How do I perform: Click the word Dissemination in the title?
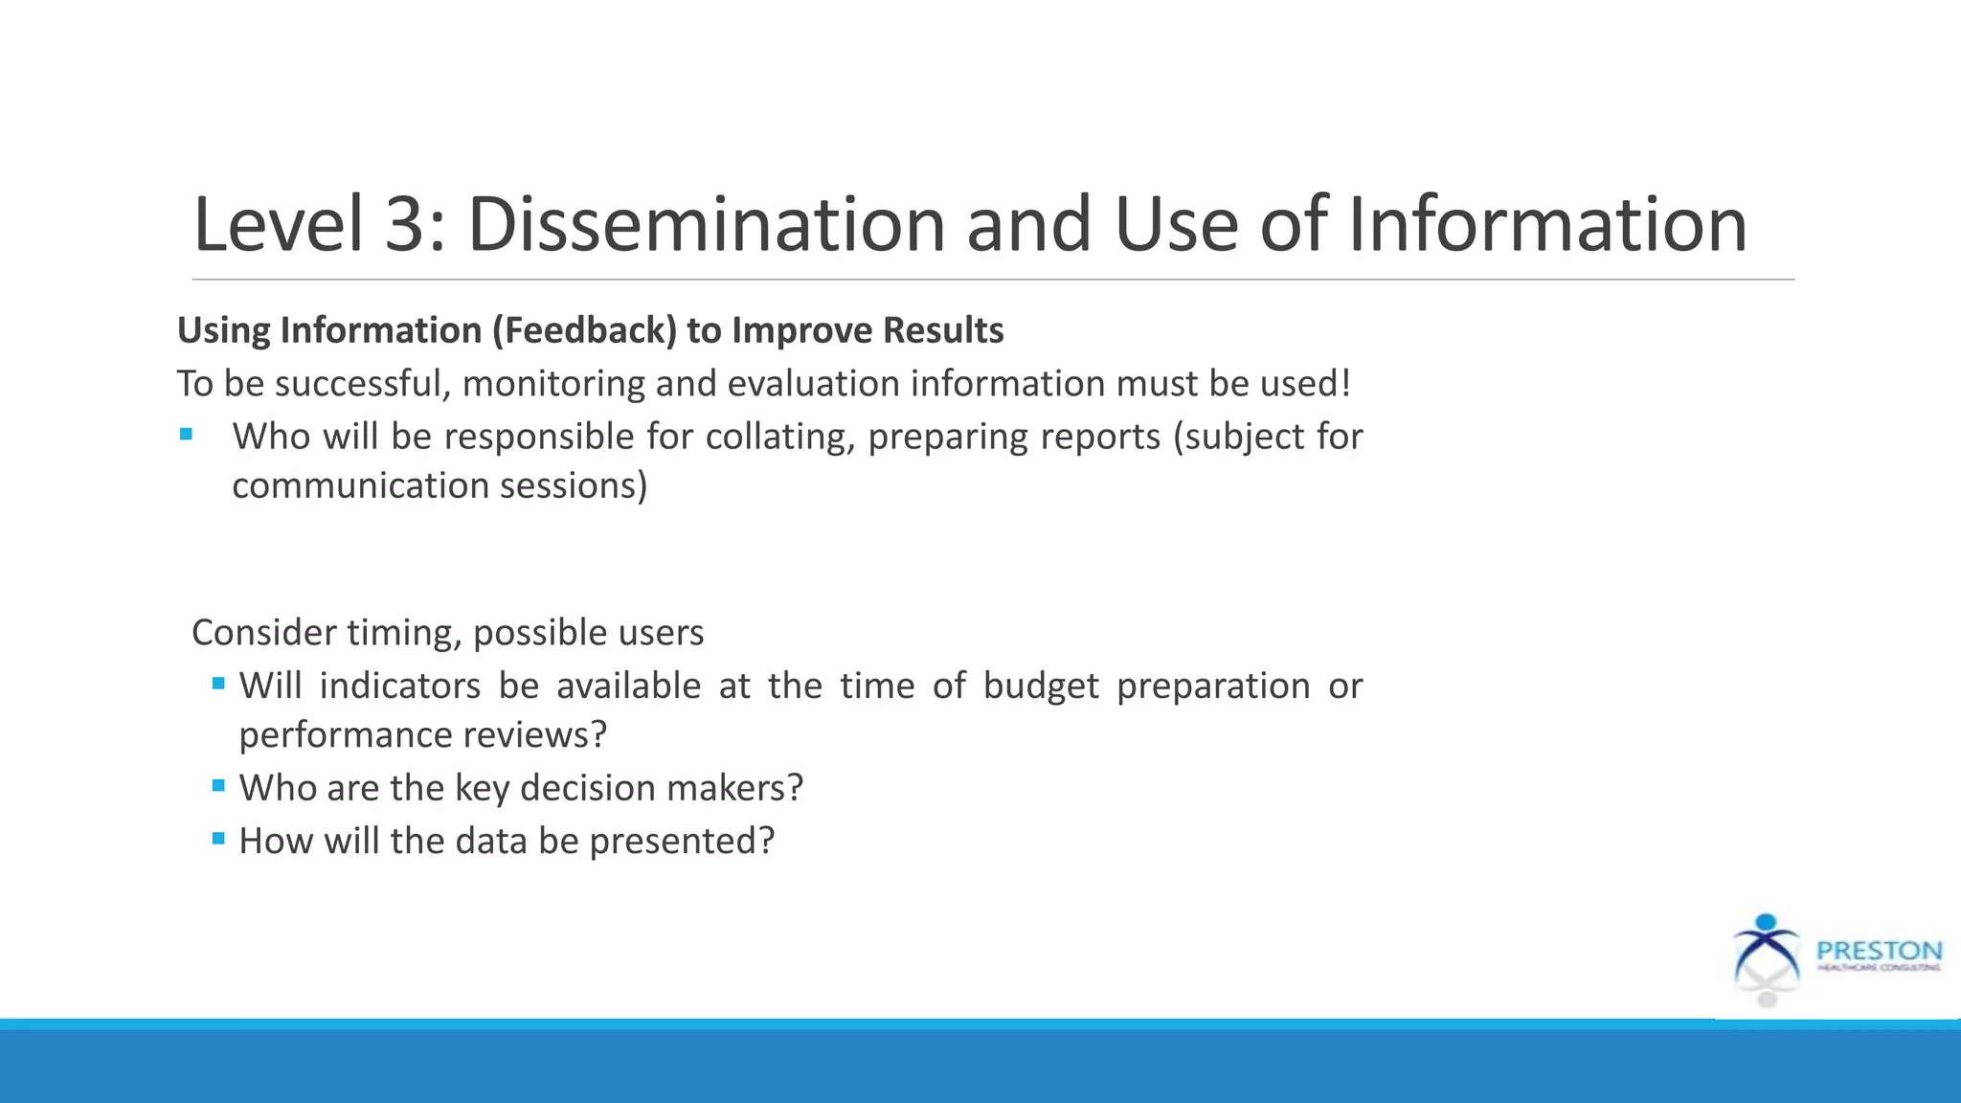point(706,225)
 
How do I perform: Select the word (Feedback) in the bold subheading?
point(585,330)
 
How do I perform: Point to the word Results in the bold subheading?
point(942,330)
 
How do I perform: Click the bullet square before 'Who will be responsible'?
point(186,435)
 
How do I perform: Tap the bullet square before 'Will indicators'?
point(218,683)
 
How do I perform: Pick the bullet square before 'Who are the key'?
point(218,785)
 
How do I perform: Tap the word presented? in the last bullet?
point(681,841)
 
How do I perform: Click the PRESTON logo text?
point(1879,951)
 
